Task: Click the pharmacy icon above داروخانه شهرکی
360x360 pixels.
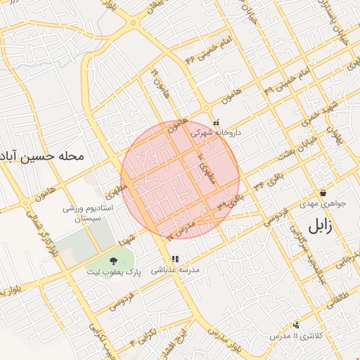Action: (216, 121)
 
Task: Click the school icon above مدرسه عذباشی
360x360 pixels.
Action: (175, 259)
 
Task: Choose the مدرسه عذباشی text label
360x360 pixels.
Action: (176, 270)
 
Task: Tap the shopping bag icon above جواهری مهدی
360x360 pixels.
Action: (323, 193)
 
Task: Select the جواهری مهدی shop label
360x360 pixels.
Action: (323, 204)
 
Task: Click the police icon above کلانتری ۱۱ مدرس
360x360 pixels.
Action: (296, 325)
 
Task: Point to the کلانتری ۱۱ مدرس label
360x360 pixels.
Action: (295, 336)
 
